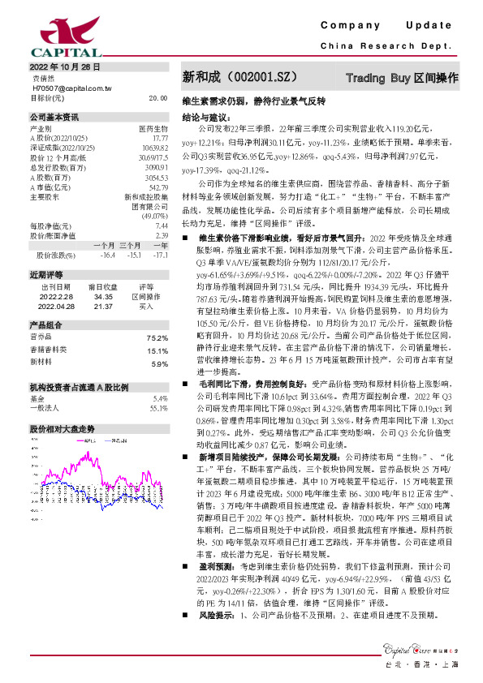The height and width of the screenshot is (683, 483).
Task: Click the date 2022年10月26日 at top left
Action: pos(64,67)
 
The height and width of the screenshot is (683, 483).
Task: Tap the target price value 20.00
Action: pos(157,97)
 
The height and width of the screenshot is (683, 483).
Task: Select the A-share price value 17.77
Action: pos(160,138)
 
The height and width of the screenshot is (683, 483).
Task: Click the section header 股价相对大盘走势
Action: pos(63,427)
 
